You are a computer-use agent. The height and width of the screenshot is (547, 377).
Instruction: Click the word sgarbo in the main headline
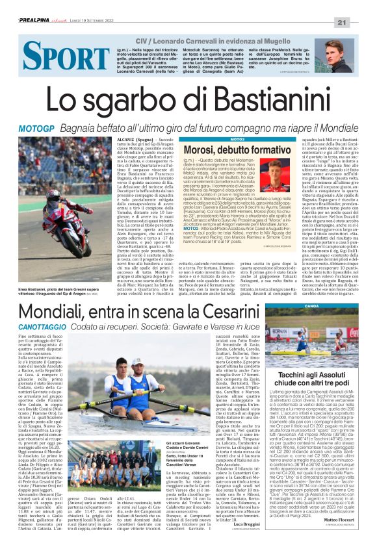point(112,101)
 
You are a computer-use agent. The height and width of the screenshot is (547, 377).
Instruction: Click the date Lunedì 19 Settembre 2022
point(103,21)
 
